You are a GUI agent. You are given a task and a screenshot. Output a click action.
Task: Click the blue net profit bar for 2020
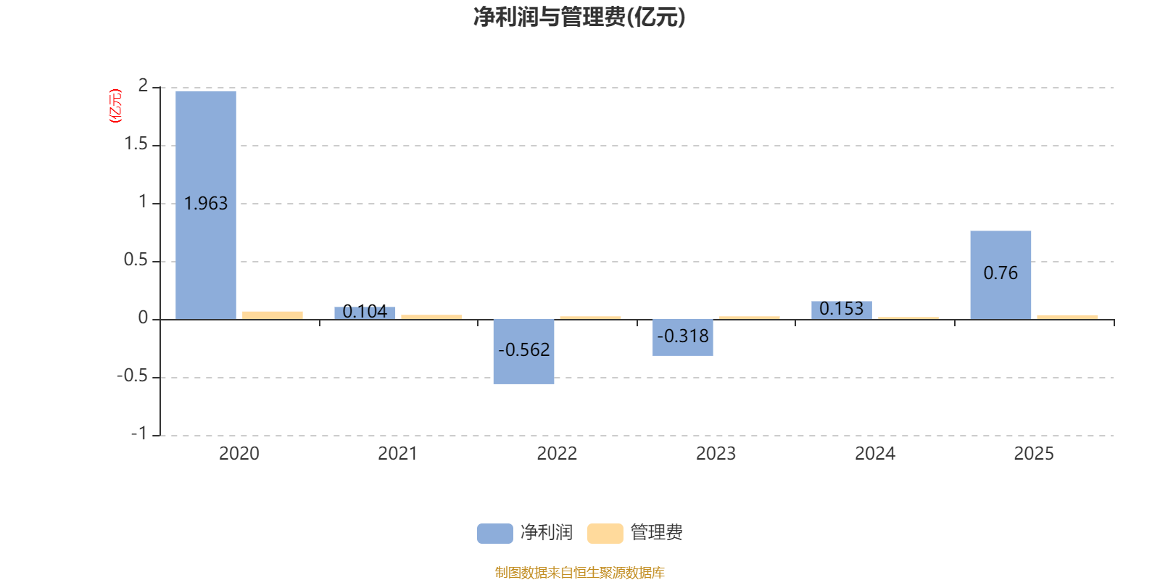tap(206, 145)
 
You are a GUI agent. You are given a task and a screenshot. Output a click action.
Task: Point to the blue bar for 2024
tap(841, 310)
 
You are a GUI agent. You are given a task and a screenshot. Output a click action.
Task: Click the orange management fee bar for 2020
tap(273, 315)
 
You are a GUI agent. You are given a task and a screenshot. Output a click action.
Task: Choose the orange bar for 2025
tap(1067, 316)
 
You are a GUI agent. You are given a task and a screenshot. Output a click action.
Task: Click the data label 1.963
tap(206, 204)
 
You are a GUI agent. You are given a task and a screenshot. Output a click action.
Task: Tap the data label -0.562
tap(523, 350)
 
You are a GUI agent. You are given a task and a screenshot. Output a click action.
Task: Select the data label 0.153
tap(841, 309)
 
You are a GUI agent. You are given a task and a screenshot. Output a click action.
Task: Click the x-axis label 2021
tap(397, 454)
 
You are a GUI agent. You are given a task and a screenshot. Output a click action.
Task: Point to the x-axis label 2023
tap(716, 454)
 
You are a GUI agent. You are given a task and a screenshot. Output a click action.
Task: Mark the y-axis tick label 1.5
tap(136, 144)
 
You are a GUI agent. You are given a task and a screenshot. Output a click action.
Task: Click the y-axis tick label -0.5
tap(132, 376)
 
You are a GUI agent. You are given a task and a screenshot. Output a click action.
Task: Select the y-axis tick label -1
tap(138, 434)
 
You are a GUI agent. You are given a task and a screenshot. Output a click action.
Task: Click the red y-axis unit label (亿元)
tap(115, 106)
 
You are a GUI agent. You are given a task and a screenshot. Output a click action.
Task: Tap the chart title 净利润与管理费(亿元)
tap(579, 17)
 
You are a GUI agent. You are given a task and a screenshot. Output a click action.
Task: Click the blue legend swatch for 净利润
tap(494, 533)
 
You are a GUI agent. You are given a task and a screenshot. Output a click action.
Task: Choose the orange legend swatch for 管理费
tap(605, 533)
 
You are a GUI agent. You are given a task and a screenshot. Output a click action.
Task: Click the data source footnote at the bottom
tap(579, 573)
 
